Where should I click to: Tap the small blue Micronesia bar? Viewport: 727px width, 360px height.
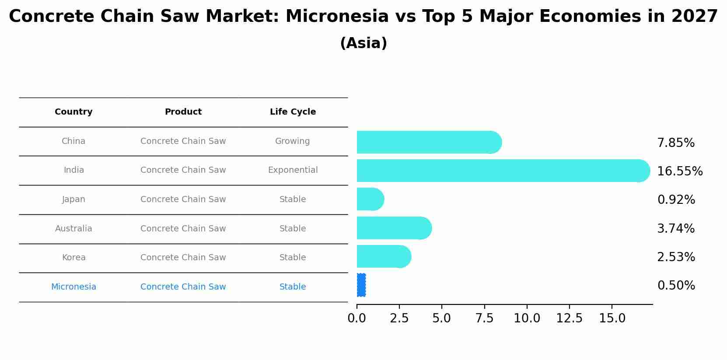[361, 285]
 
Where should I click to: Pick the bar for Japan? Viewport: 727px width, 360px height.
[370, 199]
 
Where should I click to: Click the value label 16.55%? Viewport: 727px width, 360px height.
[680, 171]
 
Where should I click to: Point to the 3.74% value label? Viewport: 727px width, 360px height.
[676, 229]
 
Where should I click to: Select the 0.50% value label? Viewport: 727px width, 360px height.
[676, 286]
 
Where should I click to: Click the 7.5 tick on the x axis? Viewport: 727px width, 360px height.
[484, 318]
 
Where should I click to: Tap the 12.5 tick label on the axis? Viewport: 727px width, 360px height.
[569, 318]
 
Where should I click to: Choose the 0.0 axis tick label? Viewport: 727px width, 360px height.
[357, 318]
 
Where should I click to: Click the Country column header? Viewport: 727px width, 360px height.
[73, 112]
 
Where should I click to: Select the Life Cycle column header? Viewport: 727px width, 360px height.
[293, 112]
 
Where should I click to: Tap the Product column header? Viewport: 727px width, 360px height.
[183, 112]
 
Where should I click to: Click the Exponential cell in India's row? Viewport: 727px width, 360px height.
[293, 170]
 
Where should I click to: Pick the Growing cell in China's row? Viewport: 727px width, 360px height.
[292, 141]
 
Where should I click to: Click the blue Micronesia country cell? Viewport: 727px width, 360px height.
[73, 287]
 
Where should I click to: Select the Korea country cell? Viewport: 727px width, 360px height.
[73, 258]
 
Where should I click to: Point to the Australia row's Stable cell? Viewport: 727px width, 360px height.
[293, 229]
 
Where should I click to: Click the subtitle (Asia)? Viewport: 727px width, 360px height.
[363, 43]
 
